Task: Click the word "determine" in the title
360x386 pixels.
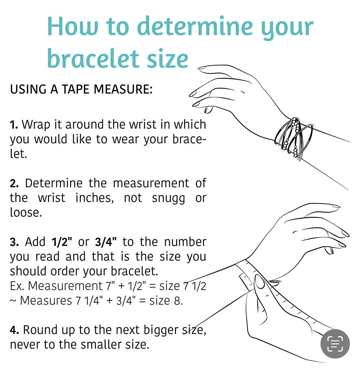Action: pyautogui.click(x=195, y=26)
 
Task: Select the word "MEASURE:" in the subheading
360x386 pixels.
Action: pyautogui.click(x=123, y=89)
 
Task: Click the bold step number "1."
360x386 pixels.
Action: pyautogui.click(x=14, y=124)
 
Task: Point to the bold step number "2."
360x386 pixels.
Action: pyautogui.click(x=14, y=183)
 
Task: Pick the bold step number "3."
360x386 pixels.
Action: pyautogui.click(x=14, y=242)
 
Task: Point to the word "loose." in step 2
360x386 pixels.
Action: pyautogui.click(x=26, y=212)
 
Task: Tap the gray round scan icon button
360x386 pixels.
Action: pyautogui.click(x=335, y=343)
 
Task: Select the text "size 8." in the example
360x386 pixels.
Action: pyautogui.click(x=166, y=301)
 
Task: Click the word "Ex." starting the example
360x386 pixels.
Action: pyautogui.click(x=17, y=286)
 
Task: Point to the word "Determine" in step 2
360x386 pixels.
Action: pyautogui.click(x=54, y=183)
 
